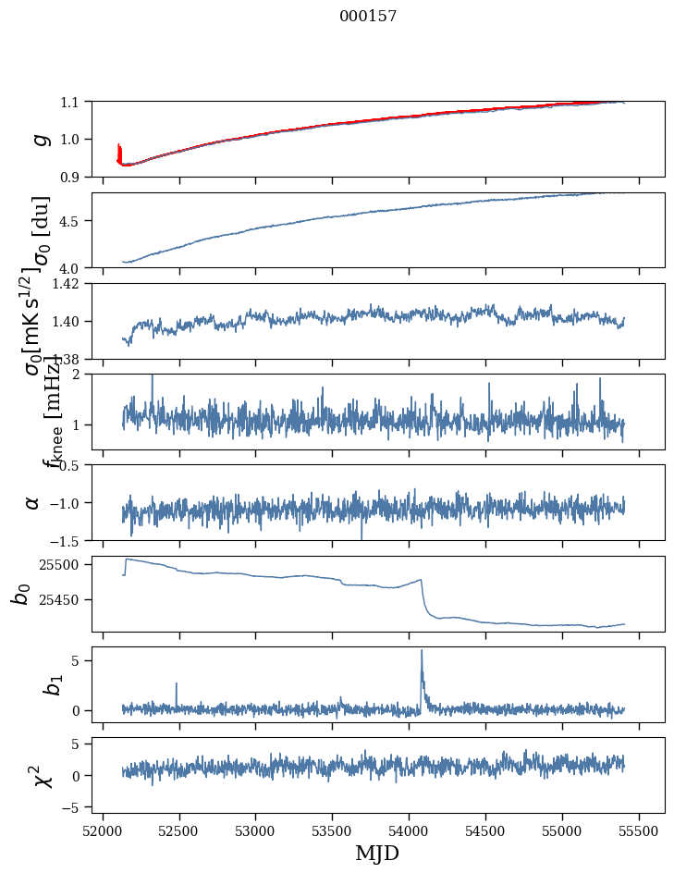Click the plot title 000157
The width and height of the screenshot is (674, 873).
368,16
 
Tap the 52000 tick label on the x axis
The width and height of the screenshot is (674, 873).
103,829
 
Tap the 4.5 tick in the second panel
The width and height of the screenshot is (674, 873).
72,221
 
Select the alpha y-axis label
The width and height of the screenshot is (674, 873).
32,502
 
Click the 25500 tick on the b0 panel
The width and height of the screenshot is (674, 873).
63,564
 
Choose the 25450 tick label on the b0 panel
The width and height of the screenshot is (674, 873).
63,600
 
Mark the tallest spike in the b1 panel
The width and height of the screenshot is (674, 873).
422,651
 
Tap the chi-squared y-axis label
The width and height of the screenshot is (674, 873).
42,775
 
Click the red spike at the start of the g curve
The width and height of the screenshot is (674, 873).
118,150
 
